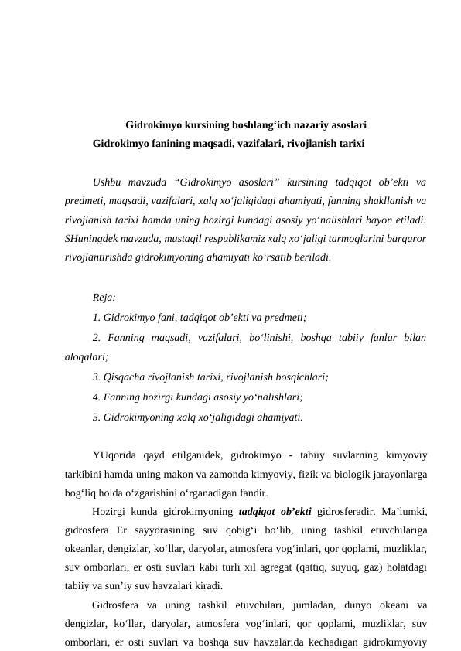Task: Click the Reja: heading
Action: (104, 298)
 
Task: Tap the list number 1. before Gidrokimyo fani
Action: (96, 317)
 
